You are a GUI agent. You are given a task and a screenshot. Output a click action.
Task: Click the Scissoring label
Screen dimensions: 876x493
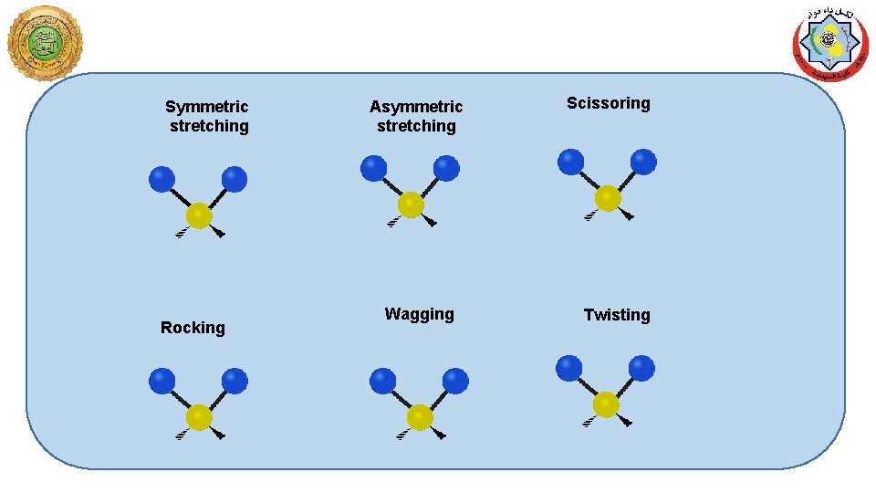click(608, 103)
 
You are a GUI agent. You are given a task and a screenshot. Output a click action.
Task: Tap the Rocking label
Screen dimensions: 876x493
click(193, 327)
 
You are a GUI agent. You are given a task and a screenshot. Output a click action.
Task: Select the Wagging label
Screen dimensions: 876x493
click(419, 314)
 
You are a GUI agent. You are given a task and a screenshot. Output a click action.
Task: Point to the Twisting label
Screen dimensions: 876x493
click(617, 315)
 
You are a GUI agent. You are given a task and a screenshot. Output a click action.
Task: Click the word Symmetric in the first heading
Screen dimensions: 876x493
click(206, 107)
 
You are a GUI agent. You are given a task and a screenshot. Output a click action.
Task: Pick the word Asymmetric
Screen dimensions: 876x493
click(416, 107)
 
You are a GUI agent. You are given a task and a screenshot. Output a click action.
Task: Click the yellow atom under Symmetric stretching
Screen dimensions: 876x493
click(199, 216)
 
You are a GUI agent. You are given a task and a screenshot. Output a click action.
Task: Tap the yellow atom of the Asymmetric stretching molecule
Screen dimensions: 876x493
click(411, 205)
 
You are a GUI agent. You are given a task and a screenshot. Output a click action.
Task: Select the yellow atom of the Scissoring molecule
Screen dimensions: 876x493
click(608, 198)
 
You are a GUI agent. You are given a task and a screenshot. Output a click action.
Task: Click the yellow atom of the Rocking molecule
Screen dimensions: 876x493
click(199, 417)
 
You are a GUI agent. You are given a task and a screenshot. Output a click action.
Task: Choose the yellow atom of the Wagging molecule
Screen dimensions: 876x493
click(420, 417)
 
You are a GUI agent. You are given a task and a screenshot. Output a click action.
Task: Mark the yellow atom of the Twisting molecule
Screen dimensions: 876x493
click(606, 404)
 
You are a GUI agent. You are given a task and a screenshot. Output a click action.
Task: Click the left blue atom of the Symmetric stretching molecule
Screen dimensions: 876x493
click(162, 179)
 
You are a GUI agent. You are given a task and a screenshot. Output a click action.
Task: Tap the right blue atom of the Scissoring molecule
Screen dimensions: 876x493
click(643, 163)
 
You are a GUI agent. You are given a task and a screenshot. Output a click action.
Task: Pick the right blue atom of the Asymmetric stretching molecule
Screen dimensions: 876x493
click(446, 169)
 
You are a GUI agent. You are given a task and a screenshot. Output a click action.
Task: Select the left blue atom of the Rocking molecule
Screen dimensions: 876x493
click(162, 380)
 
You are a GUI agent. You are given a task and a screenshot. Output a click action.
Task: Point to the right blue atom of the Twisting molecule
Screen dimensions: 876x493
click(641, 369)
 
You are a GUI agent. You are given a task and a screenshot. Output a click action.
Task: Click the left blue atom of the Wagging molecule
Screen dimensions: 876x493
click(382, 380)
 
